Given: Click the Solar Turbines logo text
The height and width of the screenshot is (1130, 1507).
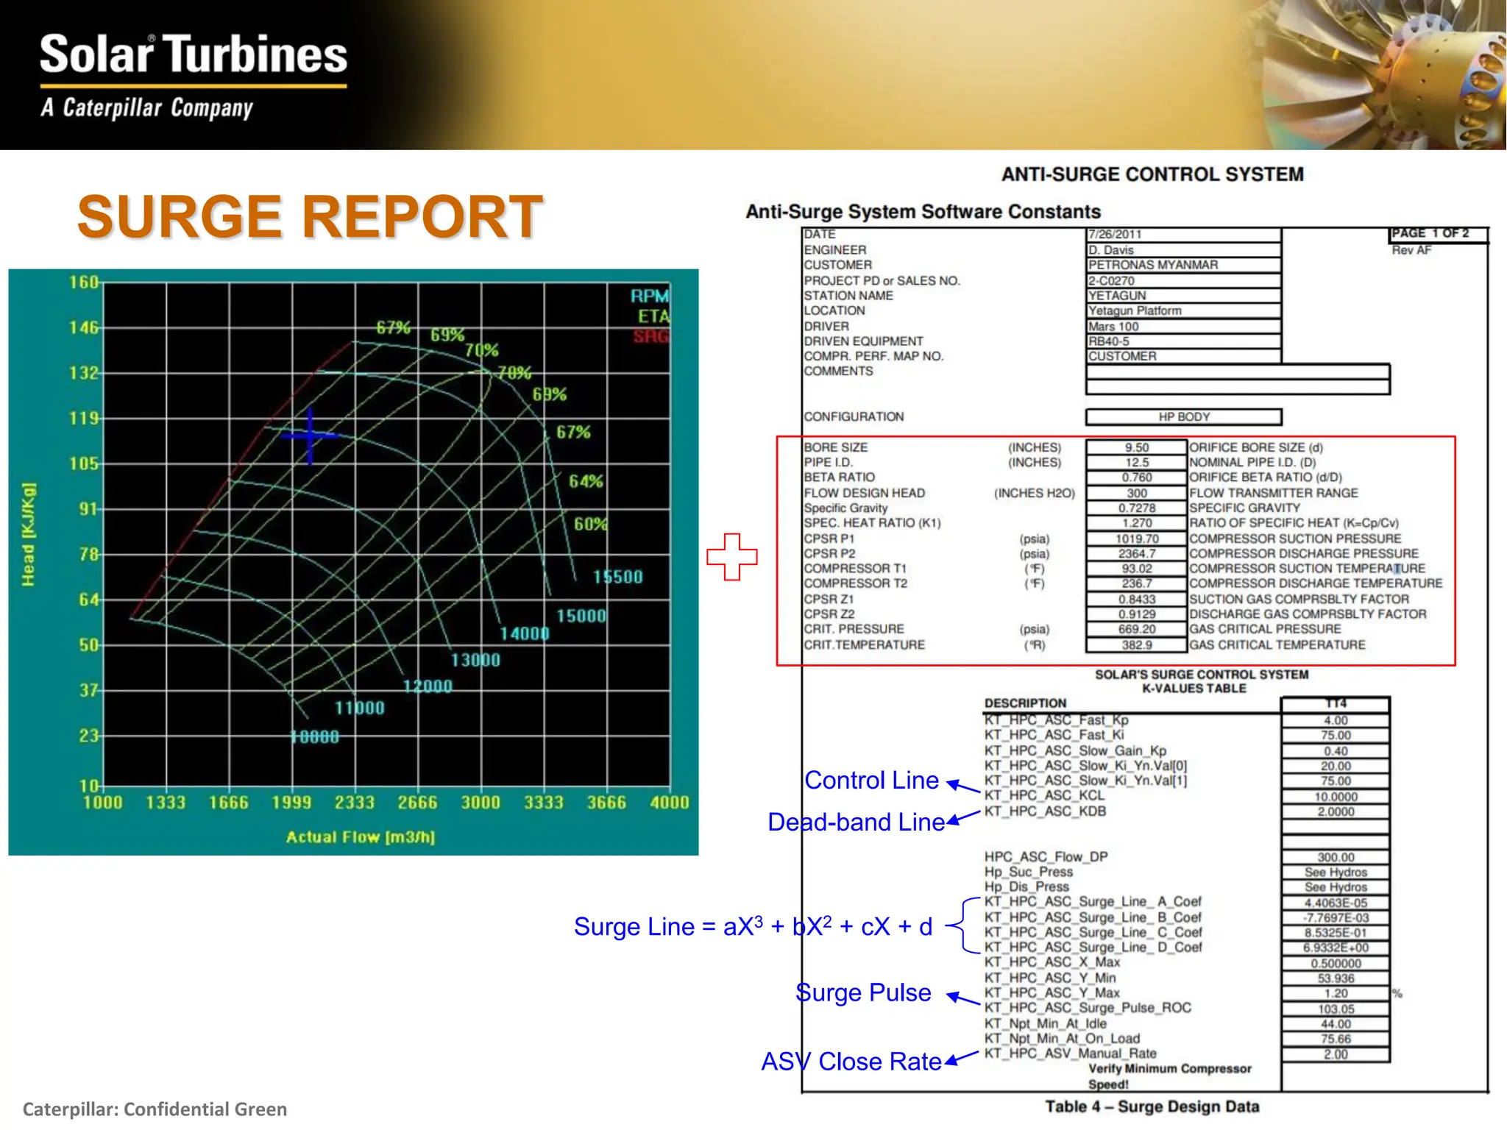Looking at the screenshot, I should click(x=193, y=54).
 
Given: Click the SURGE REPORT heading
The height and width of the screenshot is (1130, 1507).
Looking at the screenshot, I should click(x=310, y=217).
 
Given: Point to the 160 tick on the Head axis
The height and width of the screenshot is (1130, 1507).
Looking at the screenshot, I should click(x=84, y=282).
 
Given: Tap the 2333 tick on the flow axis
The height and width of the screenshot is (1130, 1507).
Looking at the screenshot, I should click(x=355, y=803).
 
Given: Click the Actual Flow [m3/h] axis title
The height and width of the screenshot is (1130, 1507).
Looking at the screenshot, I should click(x=361, y=837).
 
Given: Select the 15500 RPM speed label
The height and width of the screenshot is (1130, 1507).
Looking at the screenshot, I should click(x=617, y=577).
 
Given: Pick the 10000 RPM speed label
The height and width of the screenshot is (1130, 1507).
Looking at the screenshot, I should click(x=315, y=737).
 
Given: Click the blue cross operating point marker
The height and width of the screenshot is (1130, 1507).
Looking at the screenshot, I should click(x=310, y=436).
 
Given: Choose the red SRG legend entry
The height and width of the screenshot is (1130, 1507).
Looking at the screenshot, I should click(x=651, y=337).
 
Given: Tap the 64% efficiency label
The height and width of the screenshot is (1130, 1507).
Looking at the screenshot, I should click(x=586, y=481).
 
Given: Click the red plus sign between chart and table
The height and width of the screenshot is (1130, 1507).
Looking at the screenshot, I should click(x=731, y=556).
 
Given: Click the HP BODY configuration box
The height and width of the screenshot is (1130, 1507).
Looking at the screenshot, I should click(x=1183, y=417).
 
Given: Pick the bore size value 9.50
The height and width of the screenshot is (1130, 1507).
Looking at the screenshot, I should click(x=1136, y=447).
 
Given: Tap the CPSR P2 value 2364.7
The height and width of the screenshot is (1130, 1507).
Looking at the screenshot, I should click(x=1136, y=553).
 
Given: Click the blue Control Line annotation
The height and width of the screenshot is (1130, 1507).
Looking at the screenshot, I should click(x=871, y=781).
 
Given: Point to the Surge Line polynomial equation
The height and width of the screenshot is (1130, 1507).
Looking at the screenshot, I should click(x=753, y=926).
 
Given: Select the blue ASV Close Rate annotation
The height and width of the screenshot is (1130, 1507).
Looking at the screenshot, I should click(x=851, y=1062).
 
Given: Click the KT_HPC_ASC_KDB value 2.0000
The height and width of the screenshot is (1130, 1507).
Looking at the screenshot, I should click(x=1335, y=811).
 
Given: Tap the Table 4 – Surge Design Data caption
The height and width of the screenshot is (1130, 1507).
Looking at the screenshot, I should click(x=1152, y=1106).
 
